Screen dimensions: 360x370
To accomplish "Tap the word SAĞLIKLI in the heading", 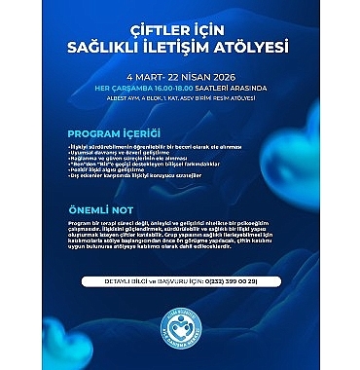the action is coord(126,44).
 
